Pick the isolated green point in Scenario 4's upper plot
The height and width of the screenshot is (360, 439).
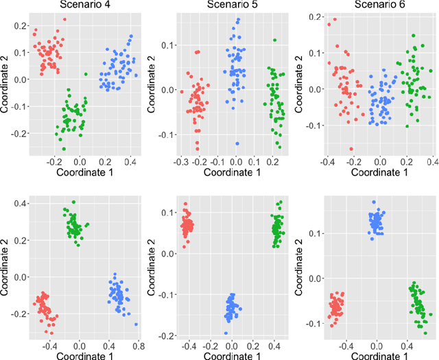click(x=86, y=74)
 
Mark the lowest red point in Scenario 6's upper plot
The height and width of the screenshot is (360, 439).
click(x=351, y=149)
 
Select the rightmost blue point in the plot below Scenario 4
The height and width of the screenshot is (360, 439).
click(x=136, y=324)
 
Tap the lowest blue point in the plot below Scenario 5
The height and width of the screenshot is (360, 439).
click(x=226, y=333)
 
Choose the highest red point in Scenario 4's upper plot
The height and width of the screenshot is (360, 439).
click(x=64, y=20)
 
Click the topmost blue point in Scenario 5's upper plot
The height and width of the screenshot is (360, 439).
click(x=238, y=20)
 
